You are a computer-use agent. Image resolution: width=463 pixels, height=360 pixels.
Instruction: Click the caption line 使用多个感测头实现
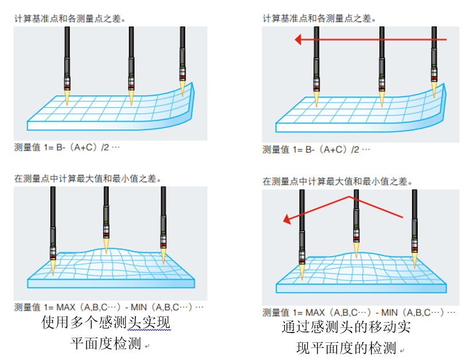point(106,323)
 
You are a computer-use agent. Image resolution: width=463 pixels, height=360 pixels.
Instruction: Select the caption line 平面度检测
point(105,344)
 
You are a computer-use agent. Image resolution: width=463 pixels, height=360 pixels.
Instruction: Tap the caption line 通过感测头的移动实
point(346,327)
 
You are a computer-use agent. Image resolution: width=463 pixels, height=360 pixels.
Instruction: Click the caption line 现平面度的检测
point(346,348)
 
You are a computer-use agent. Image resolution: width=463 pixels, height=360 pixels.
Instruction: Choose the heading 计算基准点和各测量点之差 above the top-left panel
point(70,18)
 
